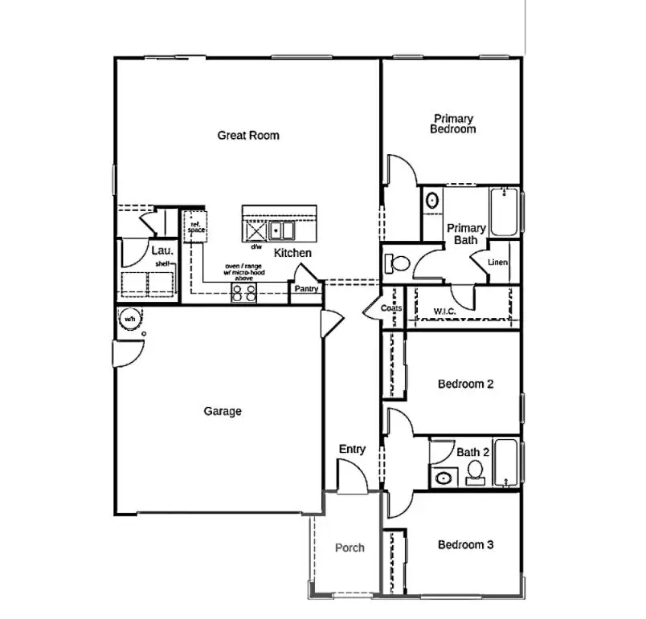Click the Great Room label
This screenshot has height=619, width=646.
coord(248,135)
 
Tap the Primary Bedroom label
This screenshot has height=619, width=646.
coord(453,124)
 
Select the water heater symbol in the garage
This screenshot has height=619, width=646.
coord(129,319)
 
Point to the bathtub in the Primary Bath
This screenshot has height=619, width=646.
coord(504,212)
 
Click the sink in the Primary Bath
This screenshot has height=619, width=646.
coord(431,200)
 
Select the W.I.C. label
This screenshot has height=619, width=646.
coord(446,310)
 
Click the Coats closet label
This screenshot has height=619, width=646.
coord(391,308)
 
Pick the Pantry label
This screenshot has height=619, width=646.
coord(306,289)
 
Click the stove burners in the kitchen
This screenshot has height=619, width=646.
coord(244,293)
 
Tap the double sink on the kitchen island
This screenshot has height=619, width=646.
coord(282,231)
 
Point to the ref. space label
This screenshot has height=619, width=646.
coord(195,227)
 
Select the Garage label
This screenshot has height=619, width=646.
coord(223,411)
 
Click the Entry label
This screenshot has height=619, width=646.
coord(352,449)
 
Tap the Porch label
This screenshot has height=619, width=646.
coord(350,548)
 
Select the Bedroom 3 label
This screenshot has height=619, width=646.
coord(465,545)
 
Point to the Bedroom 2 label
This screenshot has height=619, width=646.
coord(465,384)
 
